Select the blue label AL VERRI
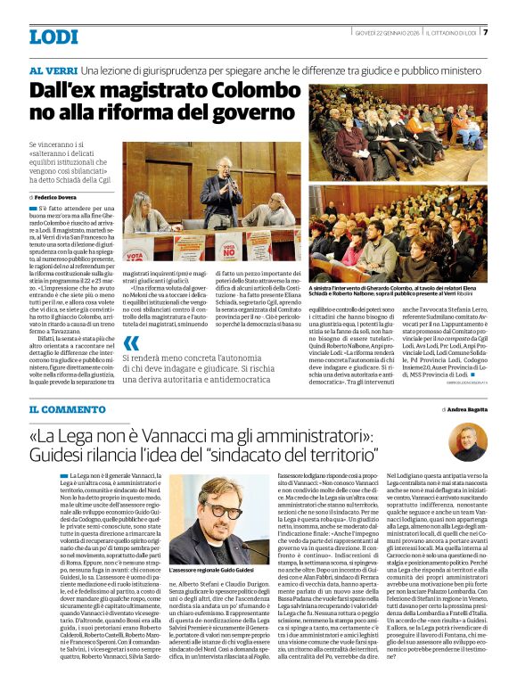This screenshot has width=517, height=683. [52, 69]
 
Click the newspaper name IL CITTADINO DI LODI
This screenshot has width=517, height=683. [452, 34]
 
